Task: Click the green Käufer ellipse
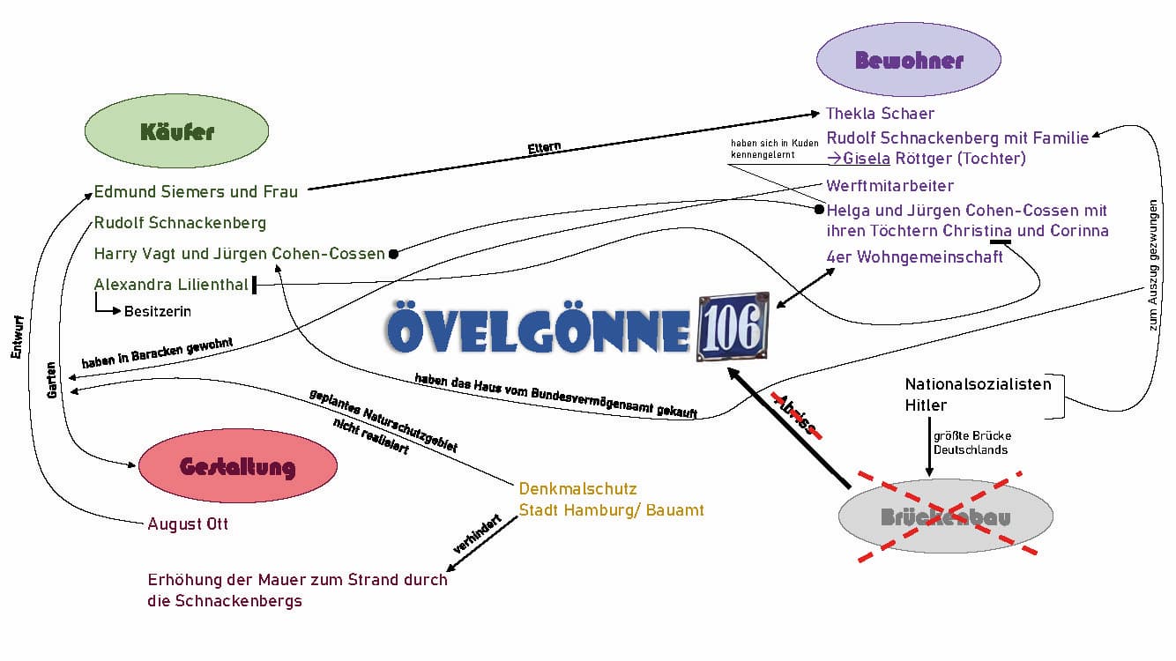point(176,132)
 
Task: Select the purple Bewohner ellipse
point(908,61)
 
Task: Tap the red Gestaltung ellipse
point(237,466)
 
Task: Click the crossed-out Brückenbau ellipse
point(945,517)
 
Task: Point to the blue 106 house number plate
point(732,328)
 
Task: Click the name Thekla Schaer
point(880,114)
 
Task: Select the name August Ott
point(188,524)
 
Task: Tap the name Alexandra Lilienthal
point(170,284)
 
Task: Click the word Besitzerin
point(158,311)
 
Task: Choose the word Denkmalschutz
point(577,488)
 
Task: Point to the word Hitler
point(926,406)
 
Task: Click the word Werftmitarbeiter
point(889,186)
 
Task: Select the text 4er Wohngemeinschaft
point(914,257)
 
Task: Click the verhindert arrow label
point(477,534)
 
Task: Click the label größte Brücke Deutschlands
point(972,442)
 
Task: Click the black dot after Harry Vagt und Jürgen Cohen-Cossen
point(393,254)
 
